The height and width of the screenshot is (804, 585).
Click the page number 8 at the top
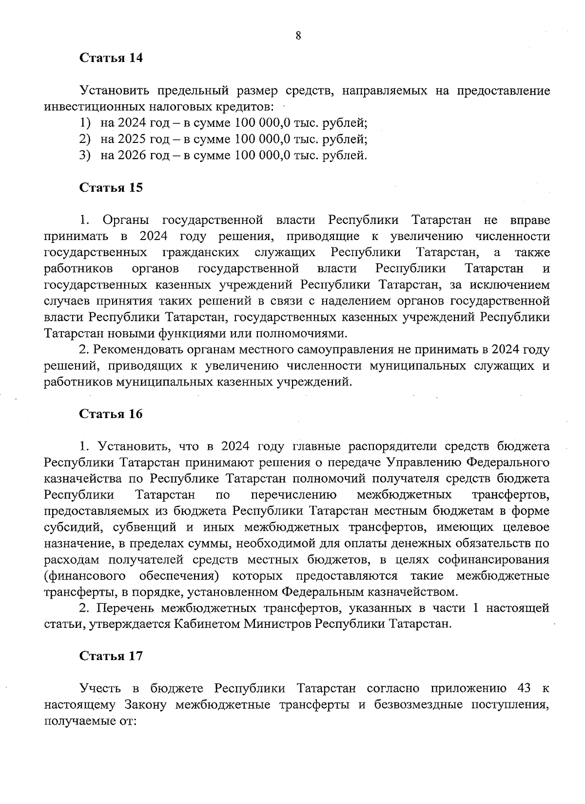pyautogui.click(x=298, y=35)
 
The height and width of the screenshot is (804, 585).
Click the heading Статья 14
pyautogui.click(x=111, y=58)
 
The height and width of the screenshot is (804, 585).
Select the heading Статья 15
pyautogui.click(x=111, y=188)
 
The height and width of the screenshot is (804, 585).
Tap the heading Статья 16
pyautogui.click(x=111, y=414)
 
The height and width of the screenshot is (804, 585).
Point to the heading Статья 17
pyautogui.click(x=111, y=656)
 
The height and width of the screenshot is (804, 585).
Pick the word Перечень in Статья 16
pyautogui.click(x=124, y=608)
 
